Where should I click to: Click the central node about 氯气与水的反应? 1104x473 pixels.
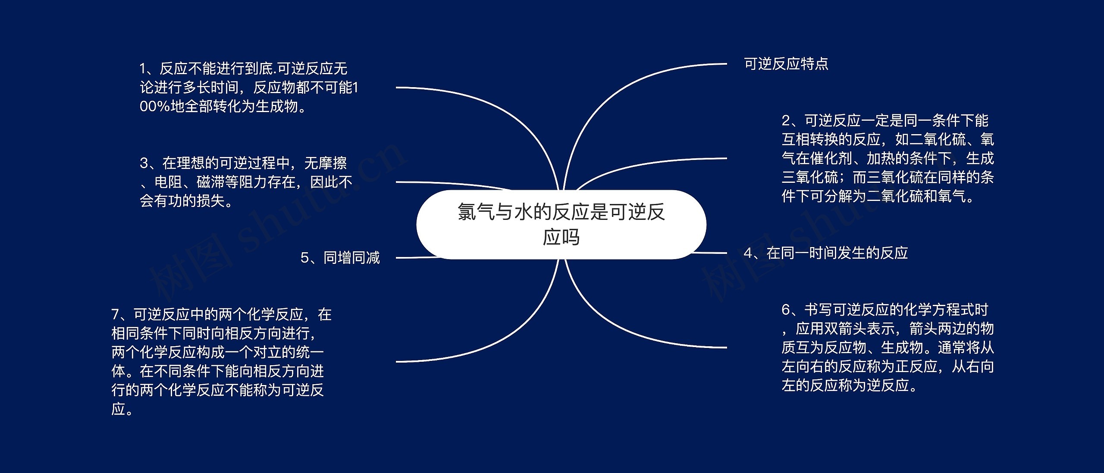click(561, 224)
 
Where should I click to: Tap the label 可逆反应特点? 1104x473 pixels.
click(786, 64)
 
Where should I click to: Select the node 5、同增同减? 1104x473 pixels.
click(340, 258)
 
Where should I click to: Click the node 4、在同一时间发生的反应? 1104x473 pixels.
click(826, 253)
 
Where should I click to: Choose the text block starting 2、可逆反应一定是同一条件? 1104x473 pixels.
click(888, 158)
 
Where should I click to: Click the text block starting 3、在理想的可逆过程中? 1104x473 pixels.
click(246, 182)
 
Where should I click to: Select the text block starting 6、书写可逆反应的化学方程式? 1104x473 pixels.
click(888, 348)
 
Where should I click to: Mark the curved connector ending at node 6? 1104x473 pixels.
click(625, 330)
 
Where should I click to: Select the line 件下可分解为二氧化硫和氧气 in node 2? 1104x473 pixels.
click(878, 197)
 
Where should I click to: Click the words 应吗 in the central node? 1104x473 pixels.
click(561, 238)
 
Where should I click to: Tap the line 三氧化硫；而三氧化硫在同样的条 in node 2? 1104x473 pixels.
click(888, 177)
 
